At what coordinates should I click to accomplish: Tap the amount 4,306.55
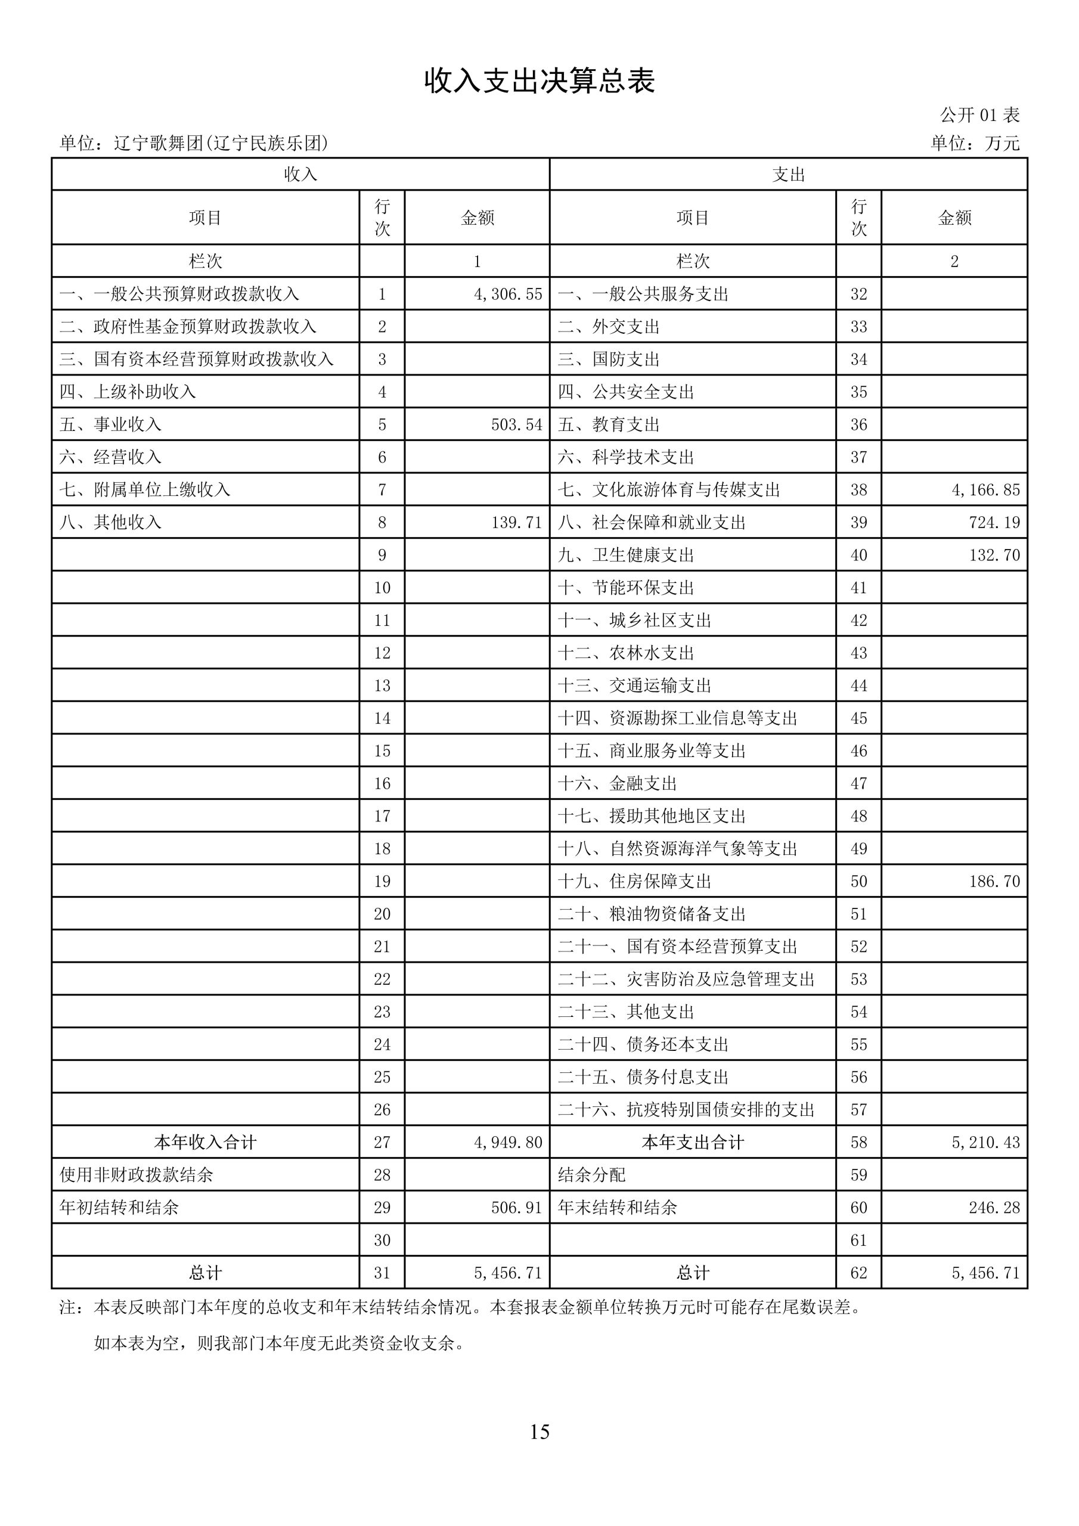(508, 294)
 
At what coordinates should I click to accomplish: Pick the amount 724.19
(994, 522)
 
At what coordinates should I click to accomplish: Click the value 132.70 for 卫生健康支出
(994, 555)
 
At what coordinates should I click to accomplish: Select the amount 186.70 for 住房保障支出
(994, 881)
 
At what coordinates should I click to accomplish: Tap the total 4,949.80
(508, 1143)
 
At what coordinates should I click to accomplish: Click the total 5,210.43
(985, 1143)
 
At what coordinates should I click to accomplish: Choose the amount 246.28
(994, 1208)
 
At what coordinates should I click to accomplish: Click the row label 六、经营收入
(110, 457)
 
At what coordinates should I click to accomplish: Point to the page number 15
(539, 1432)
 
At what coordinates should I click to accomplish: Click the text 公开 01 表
(979, 115)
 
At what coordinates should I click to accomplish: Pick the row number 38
(858, 490)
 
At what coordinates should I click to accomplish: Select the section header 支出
(789, 174)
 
